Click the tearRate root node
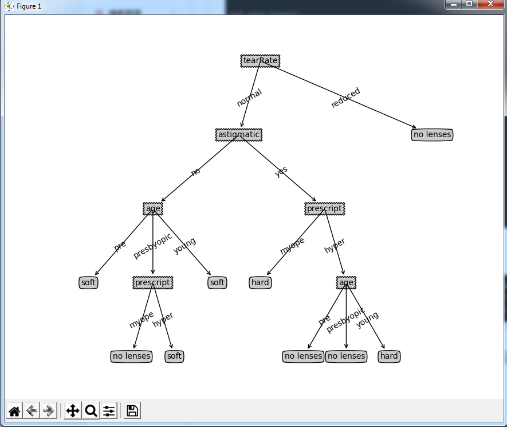tap(260, 61)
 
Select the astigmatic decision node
tap(239, 135)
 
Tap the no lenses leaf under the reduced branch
tap(432, 135)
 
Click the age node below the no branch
tap(153, 209)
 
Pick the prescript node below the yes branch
tap(325, 209)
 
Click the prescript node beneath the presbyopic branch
tap(152, 283)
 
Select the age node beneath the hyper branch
tap(346, 283)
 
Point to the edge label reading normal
tap(249, 98)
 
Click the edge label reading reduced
tap(345, 98)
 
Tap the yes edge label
tap(281, 171)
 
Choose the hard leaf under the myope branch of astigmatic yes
tap(260, 283)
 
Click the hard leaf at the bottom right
tap(389, 356)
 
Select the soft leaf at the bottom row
tap(174, 356)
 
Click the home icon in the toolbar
tap(14, 411)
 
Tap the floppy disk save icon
tap(132, 411)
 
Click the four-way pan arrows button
tap(73, 411)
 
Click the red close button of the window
tap(490, 4)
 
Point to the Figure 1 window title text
tap(29, 6)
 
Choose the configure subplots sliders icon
tap(109, 411)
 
